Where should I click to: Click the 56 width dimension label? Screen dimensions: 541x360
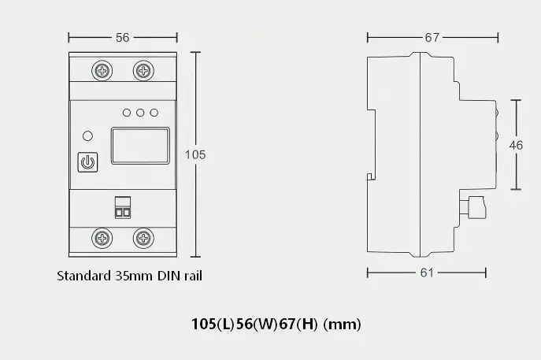pos(123,37)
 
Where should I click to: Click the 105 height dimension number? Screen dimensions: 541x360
pos(195,154)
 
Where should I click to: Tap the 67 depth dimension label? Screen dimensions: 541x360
pos(432,37)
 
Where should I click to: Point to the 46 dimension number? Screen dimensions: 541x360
pos(516,145)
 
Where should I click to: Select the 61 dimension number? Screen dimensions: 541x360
pos(427,273)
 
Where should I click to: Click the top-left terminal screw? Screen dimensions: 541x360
pos(102,71)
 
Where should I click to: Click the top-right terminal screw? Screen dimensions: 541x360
pos(143,71)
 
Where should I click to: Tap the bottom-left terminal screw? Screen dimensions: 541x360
pos(102,238)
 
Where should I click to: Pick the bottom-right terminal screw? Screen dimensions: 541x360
pos(143,238)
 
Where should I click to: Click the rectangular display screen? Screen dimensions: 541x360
pos(140,146)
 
